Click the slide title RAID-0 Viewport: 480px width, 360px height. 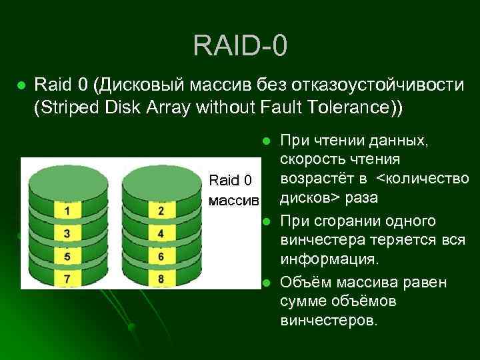coord(240,46)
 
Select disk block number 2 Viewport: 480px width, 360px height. coord(161,211)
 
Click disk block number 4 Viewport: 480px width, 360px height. coord(161,234)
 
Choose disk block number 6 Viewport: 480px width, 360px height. coord(161,255)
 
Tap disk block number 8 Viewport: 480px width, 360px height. coord(161,277)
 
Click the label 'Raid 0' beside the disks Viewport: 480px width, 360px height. coord(231,180)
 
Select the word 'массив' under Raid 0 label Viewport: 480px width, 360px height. coord(233,199)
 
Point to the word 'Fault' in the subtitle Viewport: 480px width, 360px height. coord(293,107)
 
